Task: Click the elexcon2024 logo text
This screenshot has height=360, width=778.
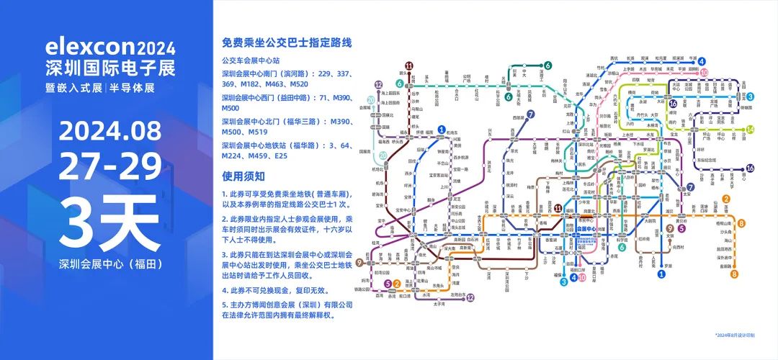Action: (109, 48)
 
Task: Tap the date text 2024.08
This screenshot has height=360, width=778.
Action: (109, 132)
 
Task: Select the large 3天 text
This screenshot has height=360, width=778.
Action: (109, 226)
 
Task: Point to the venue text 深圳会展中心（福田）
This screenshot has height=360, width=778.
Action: (109, 264)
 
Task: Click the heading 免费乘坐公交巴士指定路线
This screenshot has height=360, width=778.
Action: (287, 43)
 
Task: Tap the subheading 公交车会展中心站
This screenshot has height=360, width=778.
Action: (256, 61)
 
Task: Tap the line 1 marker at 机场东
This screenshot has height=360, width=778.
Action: (442, 129)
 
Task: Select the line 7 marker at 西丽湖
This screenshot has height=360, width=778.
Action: (530, 114)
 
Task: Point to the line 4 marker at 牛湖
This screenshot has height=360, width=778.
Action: (702, 62)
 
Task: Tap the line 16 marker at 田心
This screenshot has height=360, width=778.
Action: (750, 168)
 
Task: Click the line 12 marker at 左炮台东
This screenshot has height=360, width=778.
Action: (470, 297)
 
